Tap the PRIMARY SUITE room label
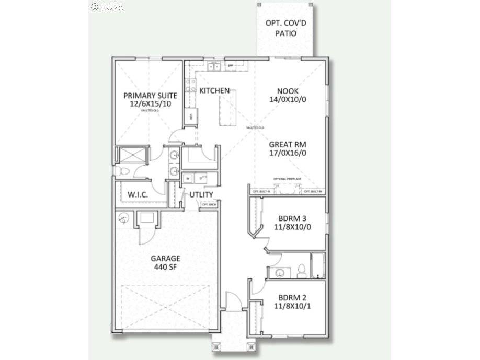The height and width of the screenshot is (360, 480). pos(150,96)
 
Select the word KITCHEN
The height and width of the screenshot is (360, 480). pos(214,91)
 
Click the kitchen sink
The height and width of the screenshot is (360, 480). pos(214,66)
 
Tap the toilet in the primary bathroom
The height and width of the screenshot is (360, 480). pos(120,171)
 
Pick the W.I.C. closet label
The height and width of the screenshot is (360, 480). pos(138,194)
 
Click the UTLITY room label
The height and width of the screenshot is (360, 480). pos(201,195)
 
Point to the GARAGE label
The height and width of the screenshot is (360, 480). pos(165,258)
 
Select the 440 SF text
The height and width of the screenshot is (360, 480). pos(165,267)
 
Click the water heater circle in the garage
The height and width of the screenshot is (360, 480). pos(124,218)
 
